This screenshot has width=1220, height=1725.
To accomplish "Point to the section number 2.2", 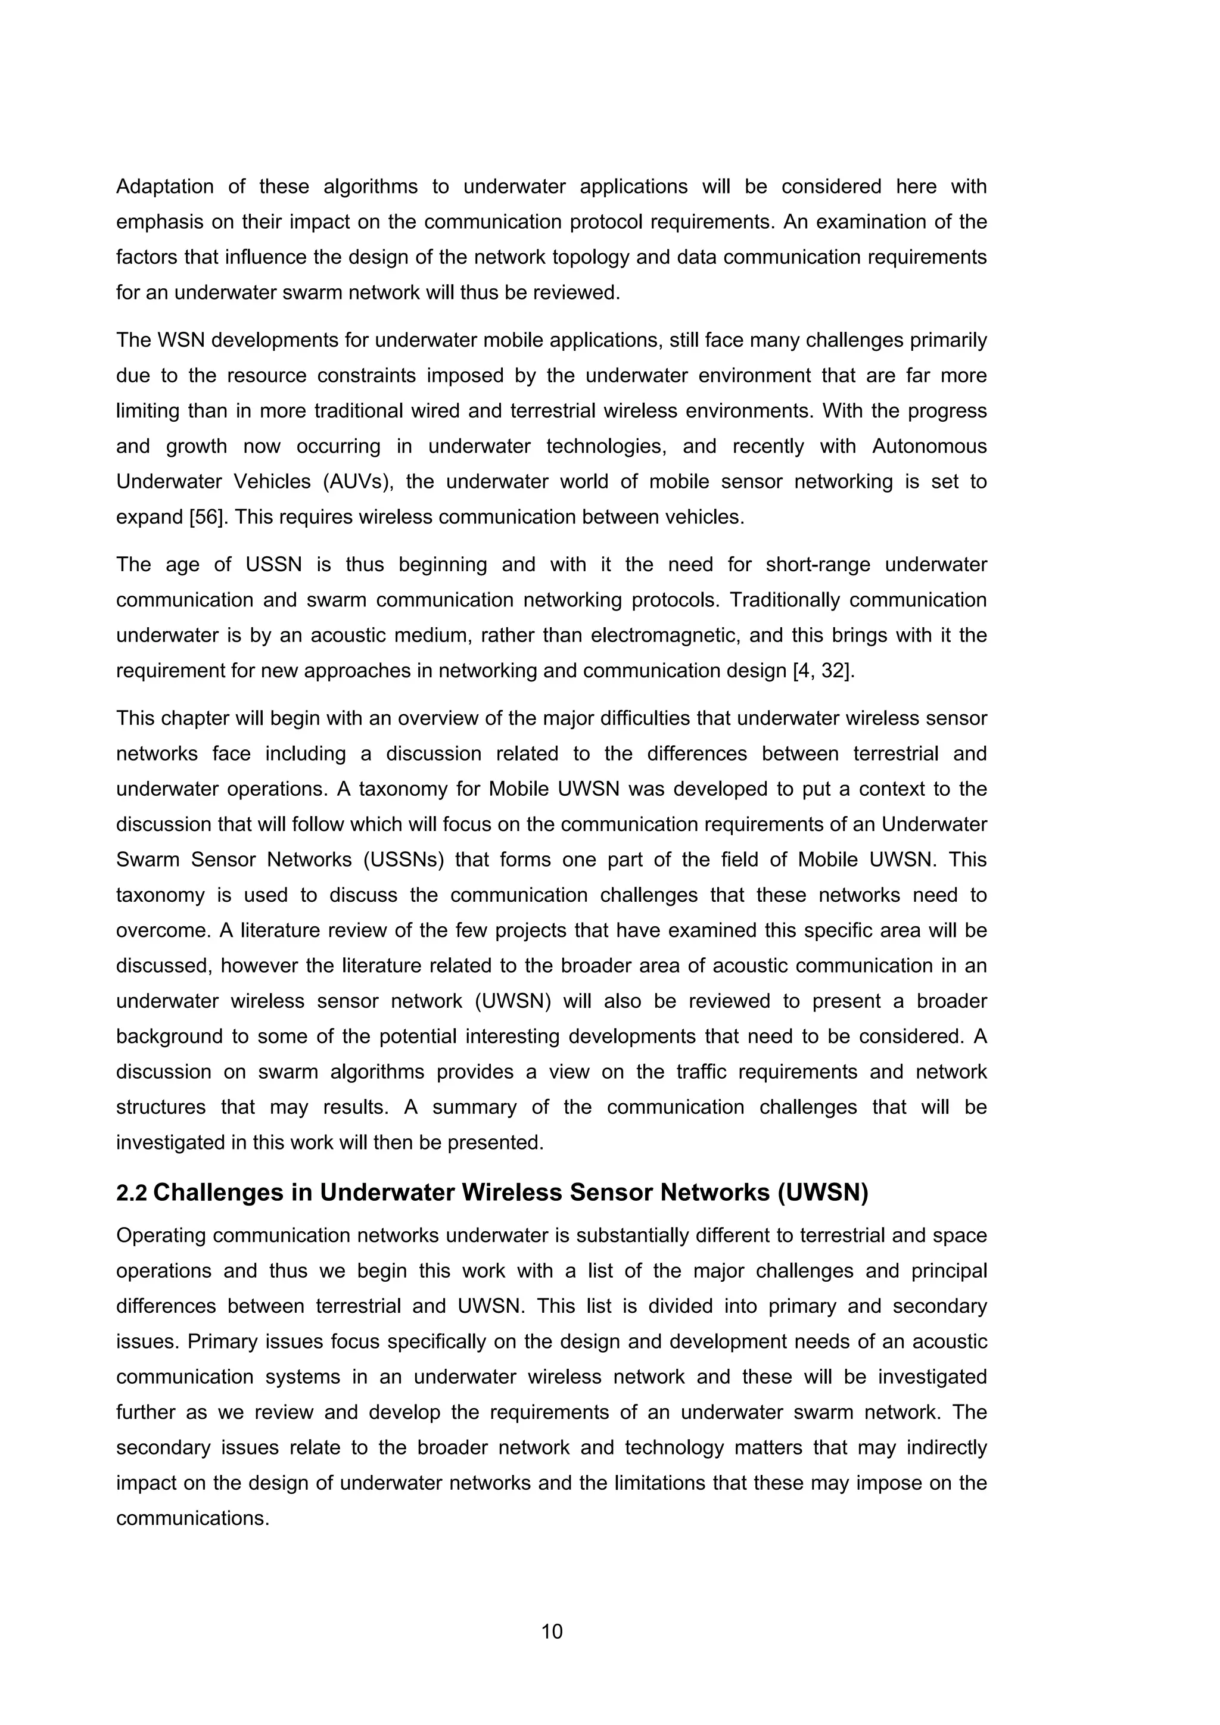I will (132, 1192).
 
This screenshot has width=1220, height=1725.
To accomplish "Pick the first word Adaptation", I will (164, 186).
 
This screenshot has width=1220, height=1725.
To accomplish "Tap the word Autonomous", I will (929, 446).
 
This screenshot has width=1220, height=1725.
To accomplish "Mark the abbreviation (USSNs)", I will (408, 860).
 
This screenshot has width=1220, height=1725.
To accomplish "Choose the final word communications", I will (192, 1518).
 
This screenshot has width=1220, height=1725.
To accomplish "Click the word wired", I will (434, 411).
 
